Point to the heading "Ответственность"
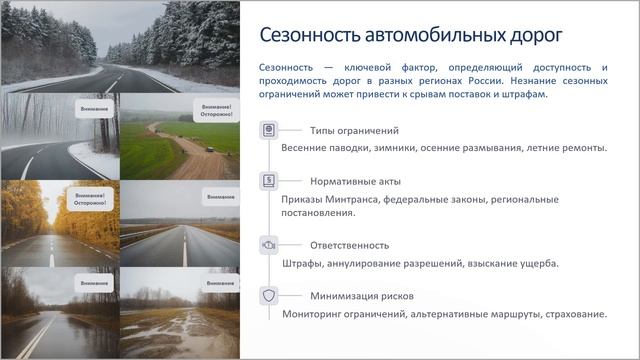[x=349, y=244]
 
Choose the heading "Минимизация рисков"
[x=361, y=296]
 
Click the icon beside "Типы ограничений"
[x=268, y=131]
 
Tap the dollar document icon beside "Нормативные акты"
[x=268, y=182]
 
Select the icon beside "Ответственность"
[x=268, y=244]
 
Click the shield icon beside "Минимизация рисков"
[x=268, y=296]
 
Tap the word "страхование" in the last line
[x=571, y=315]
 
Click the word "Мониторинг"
[x=318, y=315]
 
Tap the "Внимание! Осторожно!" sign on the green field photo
[x=217, y=110]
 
